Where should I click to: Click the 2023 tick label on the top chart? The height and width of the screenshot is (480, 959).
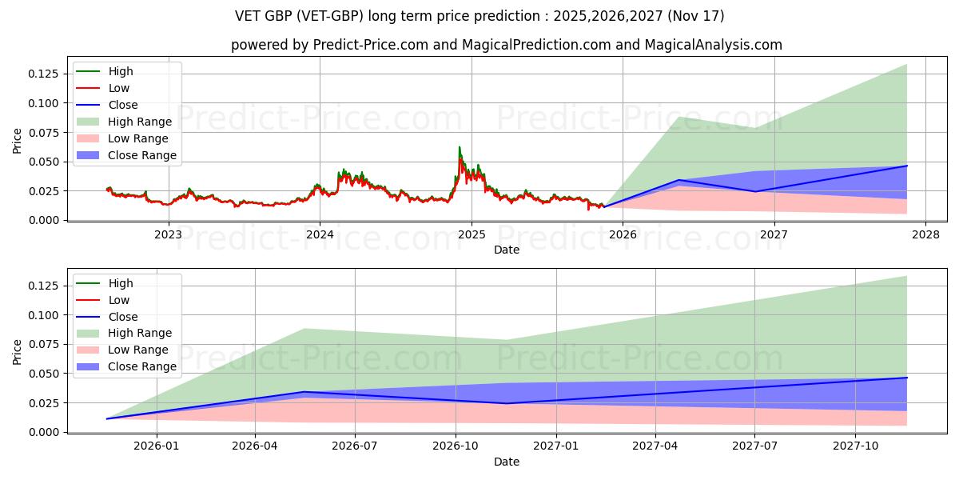pos(168,234)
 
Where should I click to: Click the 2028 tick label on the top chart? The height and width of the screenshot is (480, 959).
pos(925,234)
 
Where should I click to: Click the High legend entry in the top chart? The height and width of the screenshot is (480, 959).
pos(121,71)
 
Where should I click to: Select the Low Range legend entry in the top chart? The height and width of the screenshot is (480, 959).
pos(139,138)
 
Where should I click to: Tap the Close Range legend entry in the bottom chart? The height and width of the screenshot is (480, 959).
pos(142,366)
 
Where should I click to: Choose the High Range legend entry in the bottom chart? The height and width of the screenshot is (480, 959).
pos(140,333)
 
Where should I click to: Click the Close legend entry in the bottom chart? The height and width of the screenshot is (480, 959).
pos(122,317)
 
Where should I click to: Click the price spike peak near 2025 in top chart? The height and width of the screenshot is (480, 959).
pos(460,147)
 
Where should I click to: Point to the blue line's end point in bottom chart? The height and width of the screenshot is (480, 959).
pos(906,378)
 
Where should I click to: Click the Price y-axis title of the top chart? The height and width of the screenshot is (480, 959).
pos(18,140)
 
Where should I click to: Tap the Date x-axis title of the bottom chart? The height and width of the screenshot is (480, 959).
pos(506,462)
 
